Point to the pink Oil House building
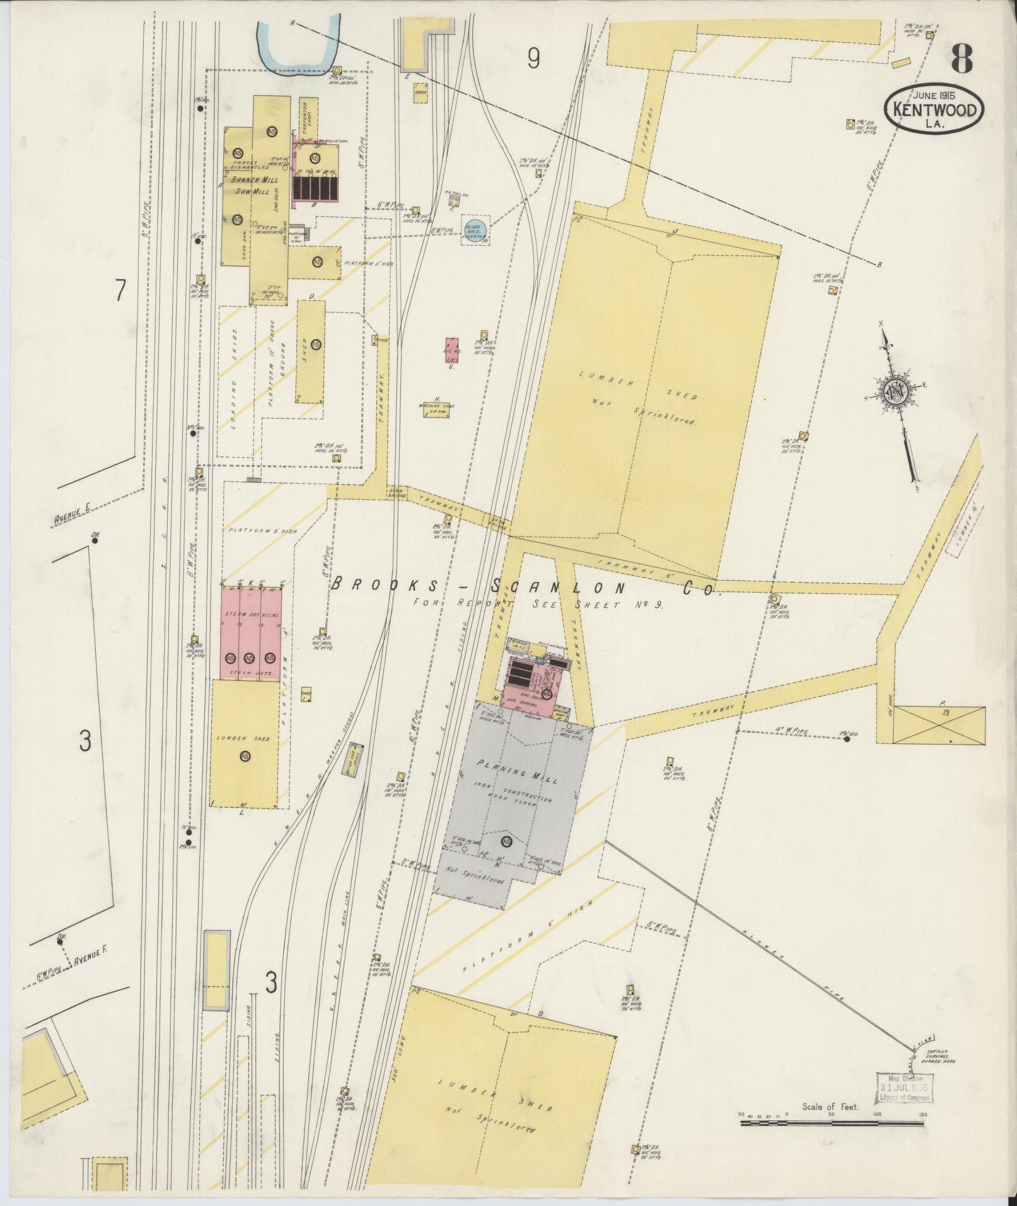pos(451,349)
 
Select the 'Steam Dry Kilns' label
pos(251,614)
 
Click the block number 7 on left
pos(120,291)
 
